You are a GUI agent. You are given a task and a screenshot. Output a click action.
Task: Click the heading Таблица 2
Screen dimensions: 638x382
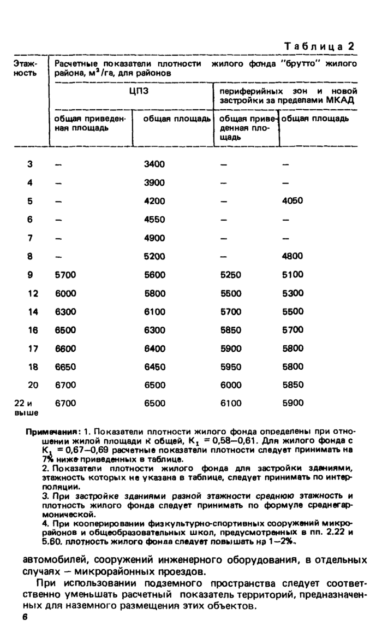point(320,46)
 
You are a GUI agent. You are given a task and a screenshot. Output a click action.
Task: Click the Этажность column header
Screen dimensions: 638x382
point(24,68)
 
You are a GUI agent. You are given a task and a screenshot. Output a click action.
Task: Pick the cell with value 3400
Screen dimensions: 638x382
point(154,164)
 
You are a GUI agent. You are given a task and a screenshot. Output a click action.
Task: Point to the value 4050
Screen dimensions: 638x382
point(293,201)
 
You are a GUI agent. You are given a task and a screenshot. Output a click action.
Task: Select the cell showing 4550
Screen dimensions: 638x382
point(154,220)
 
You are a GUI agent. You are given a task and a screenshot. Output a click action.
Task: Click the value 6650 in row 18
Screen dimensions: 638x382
point(65,366)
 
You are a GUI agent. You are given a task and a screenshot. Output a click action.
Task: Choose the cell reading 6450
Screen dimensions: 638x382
point(154,366)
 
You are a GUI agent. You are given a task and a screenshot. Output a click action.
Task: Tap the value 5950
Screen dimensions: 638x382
point(230,366)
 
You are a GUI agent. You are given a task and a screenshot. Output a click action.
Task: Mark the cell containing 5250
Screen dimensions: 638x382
point(230,275)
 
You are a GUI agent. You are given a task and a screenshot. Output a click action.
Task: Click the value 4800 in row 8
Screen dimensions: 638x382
point(293,256)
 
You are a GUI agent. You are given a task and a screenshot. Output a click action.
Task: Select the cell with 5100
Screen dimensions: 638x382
point(293,275)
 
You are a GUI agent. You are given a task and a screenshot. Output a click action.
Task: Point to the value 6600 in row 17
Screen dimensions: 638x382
point(65,348)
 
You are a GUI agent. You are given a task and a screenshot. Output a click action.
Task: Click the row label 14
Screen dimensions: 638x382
point(33,311)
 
